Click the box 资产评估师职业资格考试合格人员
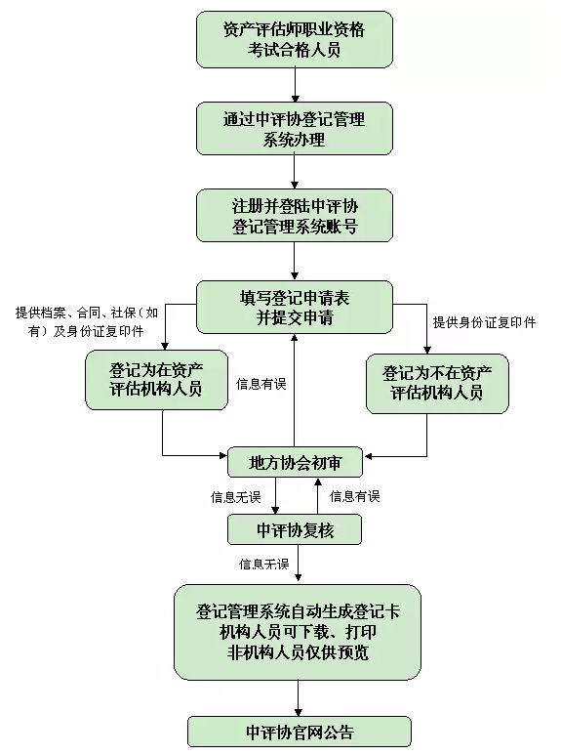(294, 40)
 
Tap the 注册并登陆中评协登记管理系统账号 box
(294, 216)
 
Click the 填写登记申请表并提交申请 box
(294, 306)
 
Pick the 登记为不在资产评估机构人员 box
(437, 382)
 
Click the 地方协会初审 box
(294, 461)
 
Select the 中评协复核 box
(294, 529)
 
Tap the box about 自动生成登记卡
(298, 631)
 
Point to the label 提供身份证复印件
(484, 321)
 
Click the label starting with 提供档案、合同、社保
(87, 321)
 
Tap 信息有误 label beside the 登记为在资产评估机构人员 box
(261, 384)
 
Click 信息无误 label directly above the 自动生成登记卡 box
(264, 565)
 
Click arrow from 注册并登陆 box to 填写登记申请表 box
(294, 262)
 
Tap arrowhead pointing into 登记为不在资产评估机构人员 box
(427, 347)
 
